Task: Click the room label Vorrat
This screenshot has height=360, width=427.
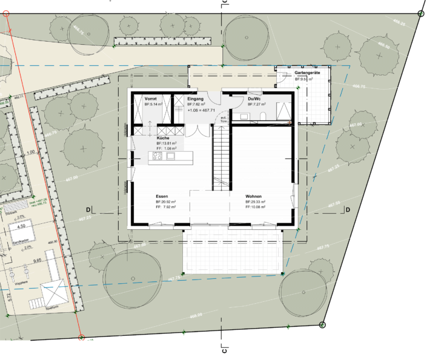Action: [152, 99]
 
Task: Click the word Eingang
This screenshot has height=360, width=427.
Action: [196, 99]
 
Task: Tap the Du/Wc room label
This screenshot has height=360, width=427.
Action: [254, 99]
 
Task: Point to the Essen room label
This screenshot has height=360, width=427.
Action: [161, 197]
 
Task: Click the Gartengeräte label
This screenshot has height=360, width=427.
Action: [308, 73]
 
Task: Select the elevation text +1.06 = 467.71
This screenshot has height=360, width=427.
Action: [201, 111]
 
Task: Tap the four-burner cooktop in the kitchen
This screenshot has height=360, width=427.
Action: [157, 157]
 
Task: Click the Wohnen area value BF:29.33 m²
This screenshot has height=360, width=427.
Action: [256, 202]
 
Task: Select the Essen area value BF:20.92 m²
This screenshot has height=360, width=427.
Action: [165, 202]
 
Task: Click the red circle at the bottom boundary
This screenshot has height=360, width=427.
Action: [81, 337]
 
